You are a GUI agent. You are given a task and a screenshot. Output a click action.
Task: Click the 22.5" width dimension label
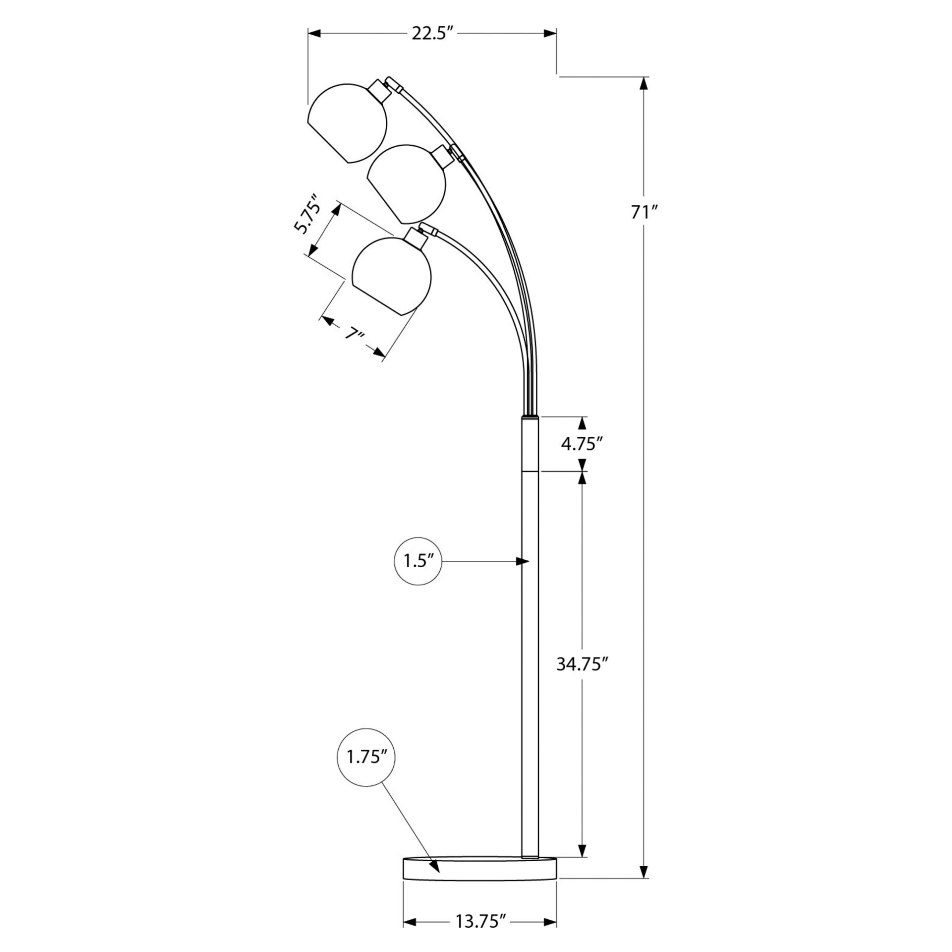(x=433, y=33)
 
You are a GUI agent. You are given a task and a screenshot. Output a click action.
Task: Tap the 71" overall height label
(x=644, y=212)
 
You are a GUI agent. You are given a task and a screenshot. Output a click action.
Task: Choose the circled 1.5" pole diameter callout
(x=417, y=561)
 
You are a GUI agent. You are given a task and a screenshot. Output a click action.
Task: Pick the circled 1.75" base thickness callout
(x=366, y=757)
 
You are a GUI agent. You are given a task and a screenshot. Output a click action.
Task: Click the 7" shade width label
(x=355, y=334)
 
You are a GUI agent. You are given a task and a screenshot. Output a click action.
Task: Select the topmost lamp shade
(x=347, y=123)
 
